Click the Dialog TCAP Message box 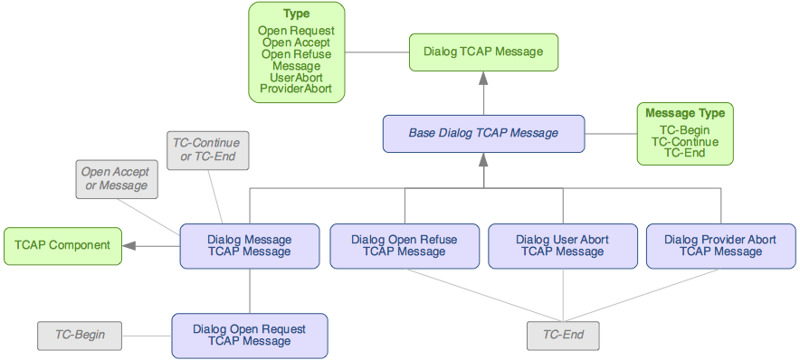point(483,52)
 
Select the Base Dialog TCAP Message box point(482,133)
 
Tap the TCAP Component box point(62,246)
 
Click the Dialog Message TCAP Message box point(249,246)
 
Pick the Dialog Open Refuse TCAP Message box point(404,246)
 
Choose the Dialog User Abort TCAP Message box point(562,246)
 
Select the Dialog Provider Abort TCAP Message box point(719,246)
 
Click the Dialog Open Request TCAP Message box point(249,336)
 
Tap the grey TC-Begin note point(80,336)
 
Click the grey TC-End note point(563,336)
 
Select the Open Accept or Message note point(116,179)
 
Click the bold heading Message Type point(684,114)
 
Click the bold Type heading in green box point(296,14)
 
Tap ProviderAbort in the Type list point(296,89)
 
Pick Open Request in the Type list point(296,31)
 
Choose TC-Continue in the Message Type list point(684,142)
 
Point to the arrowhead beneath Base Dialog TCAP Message point(483,159)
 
